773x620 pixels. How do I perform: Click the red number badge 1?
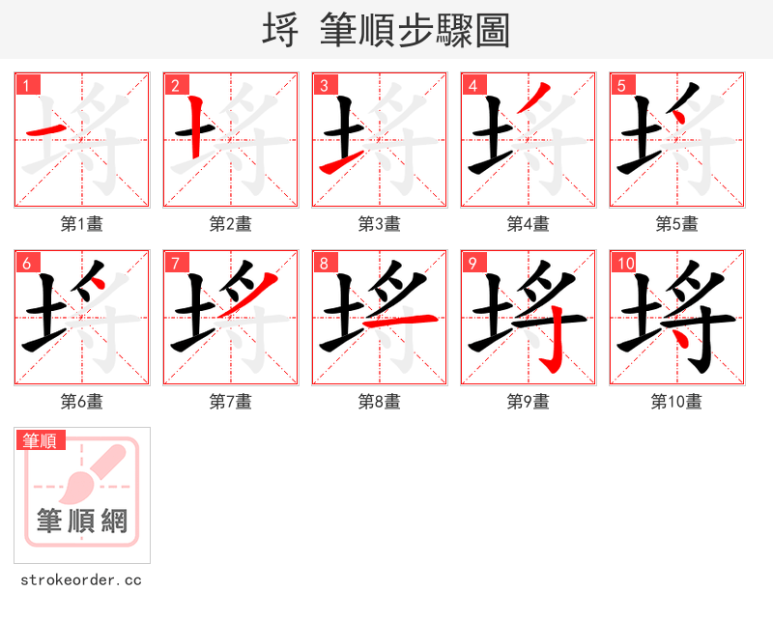[x=28, y=85]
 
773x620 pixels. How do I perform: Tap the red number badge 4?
[x=473, y=85]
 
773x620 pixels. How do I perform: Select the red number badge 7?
[x=176, y=263]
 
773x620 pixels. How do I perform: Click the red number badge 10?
[x=625, y=263]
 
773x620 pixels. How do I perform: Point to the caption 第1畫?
[x=82, y=224]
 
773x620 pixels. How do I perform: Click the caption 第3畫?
[x=380, y=224]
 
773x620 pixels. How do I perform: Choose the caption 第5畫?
[x=676, y=224]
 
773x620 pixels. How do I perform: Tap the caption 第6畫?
[x=82, y=402]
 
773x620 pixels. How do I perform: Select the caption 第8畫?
[x=380, y=402]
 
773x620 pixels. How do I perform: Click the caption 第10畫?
[x=676, y=402]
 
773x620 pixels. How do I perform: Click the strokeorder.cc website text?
[x=81, y=580]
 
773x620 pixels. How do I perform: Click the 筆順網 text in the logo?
[x=82, y=521]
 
